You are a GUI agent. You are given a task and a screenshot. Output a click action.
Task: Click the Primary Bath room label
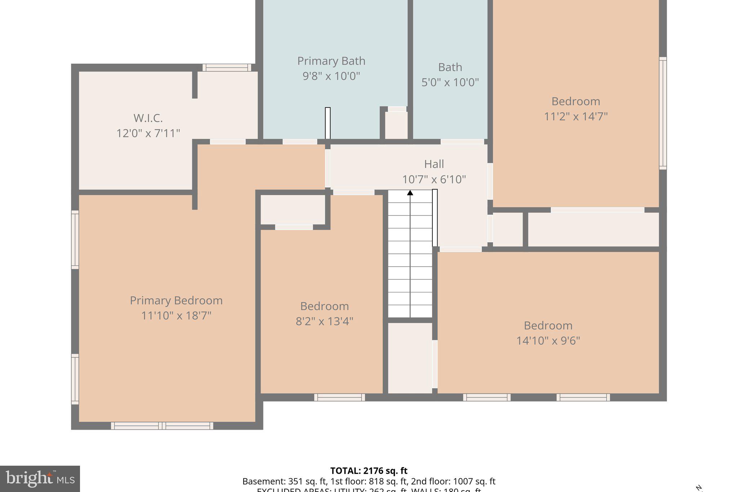(331, 61)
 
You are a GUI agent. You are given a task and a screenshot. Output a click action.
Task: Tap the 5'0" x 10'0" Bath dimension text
(450, 83)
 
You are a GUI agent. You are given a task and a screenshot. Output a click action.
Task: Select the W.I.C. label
(148, 118)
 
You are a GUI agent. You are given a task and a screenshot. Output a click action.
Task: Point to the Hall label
(434, 164)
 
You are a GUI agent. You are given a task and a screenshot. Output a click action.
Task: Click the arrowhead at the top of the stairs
(410, 193)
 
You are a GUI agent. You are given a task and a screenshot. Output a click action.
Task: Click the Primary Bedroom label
(176, 300)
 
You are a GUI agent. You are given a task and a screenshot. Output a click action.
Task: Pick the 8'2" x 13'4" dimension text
(324, 321)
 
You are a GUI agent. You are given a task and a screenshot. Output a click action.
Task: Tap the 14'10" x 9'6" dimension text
(548, 341)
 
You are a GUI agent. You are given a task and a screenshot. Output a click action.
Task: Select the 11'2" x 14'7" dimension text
(575, 116)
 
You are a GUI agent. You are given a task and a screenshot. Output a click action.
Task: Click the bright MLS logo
(40, 479)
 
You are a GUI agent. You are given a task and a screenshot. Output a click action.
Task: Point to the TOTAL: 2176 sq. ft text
(369, 471)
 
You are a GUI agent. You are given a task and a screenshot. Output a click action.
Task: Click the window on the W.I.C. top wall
(227, 67)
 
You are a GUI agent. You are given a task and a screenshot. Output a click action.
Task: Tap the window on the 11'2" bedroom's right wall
(663, 113)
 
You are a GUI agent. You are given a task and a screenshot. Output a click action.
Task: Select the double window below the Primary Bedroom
(162, 426)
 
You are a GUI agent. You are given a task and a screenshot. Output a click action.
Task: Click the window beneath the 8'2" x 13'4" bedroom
(339, 397)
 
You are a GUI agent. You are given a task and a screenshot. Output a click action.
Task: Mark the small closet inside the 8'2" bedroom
(293, 210)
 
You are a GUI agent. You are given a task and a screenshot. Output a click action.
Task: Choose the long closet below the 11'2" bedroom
(593, 230)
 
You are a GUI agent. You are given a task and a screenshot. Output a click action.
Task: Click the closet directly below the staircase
(410, 358)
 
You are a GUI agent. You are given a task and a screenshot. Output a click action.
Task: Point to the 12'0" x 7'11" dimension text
(148, 133)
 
